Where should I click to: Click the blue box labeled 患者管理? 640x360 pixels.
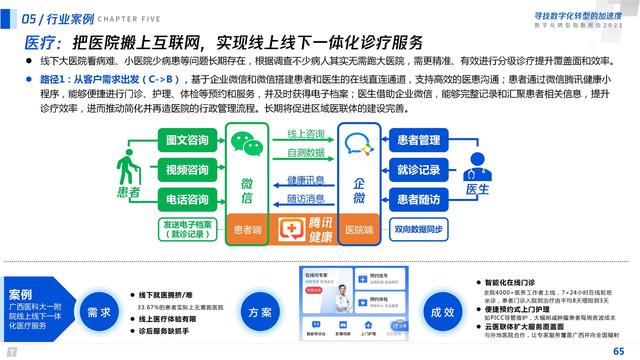[x=416, y=141]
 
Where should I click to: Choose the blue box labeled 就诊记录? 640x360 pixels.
[x=416, y=170]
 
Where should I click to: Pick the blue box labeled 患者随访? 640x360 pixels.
[x=416, y=199]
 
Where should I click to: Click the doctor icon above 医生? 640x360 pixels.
[x=476, y=161]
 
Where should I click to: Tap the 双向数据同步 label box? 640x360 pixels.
[x=417, y=230]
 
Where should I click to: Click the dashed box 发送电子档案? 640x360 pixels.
[x=188, y=230]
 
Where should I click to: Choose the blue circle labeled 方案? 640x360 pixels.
[x=259, y=311]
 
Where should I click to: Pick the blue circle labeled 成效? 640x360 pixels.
[x=442, y=312]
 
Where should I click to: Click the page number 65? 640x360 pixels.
[x=620, y=351]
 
